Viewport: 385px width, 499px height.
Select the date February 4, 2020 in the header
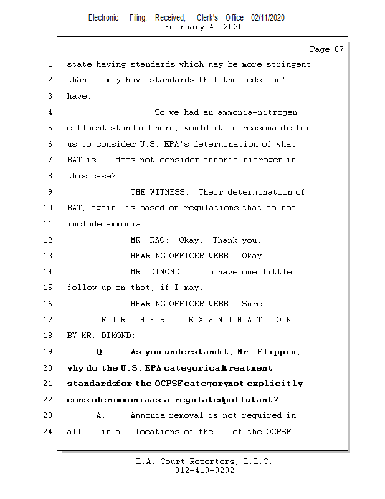pos(204,27)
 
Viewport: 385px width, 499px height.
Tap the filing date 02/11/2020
pos(268,18)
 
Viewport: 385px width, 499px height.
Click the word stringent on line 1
pos(288,64)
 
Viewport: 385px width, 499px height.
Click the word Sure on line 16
pos(253,304)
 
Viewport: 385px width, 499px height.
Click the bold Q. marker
pos(102,352)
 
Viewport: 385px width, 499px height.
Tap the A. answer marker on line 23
pos(102,415)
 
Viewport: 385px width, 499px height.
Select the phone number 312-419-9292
pos(204,471)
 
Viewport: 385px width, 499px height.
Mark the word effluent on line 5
pos(87,128)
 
